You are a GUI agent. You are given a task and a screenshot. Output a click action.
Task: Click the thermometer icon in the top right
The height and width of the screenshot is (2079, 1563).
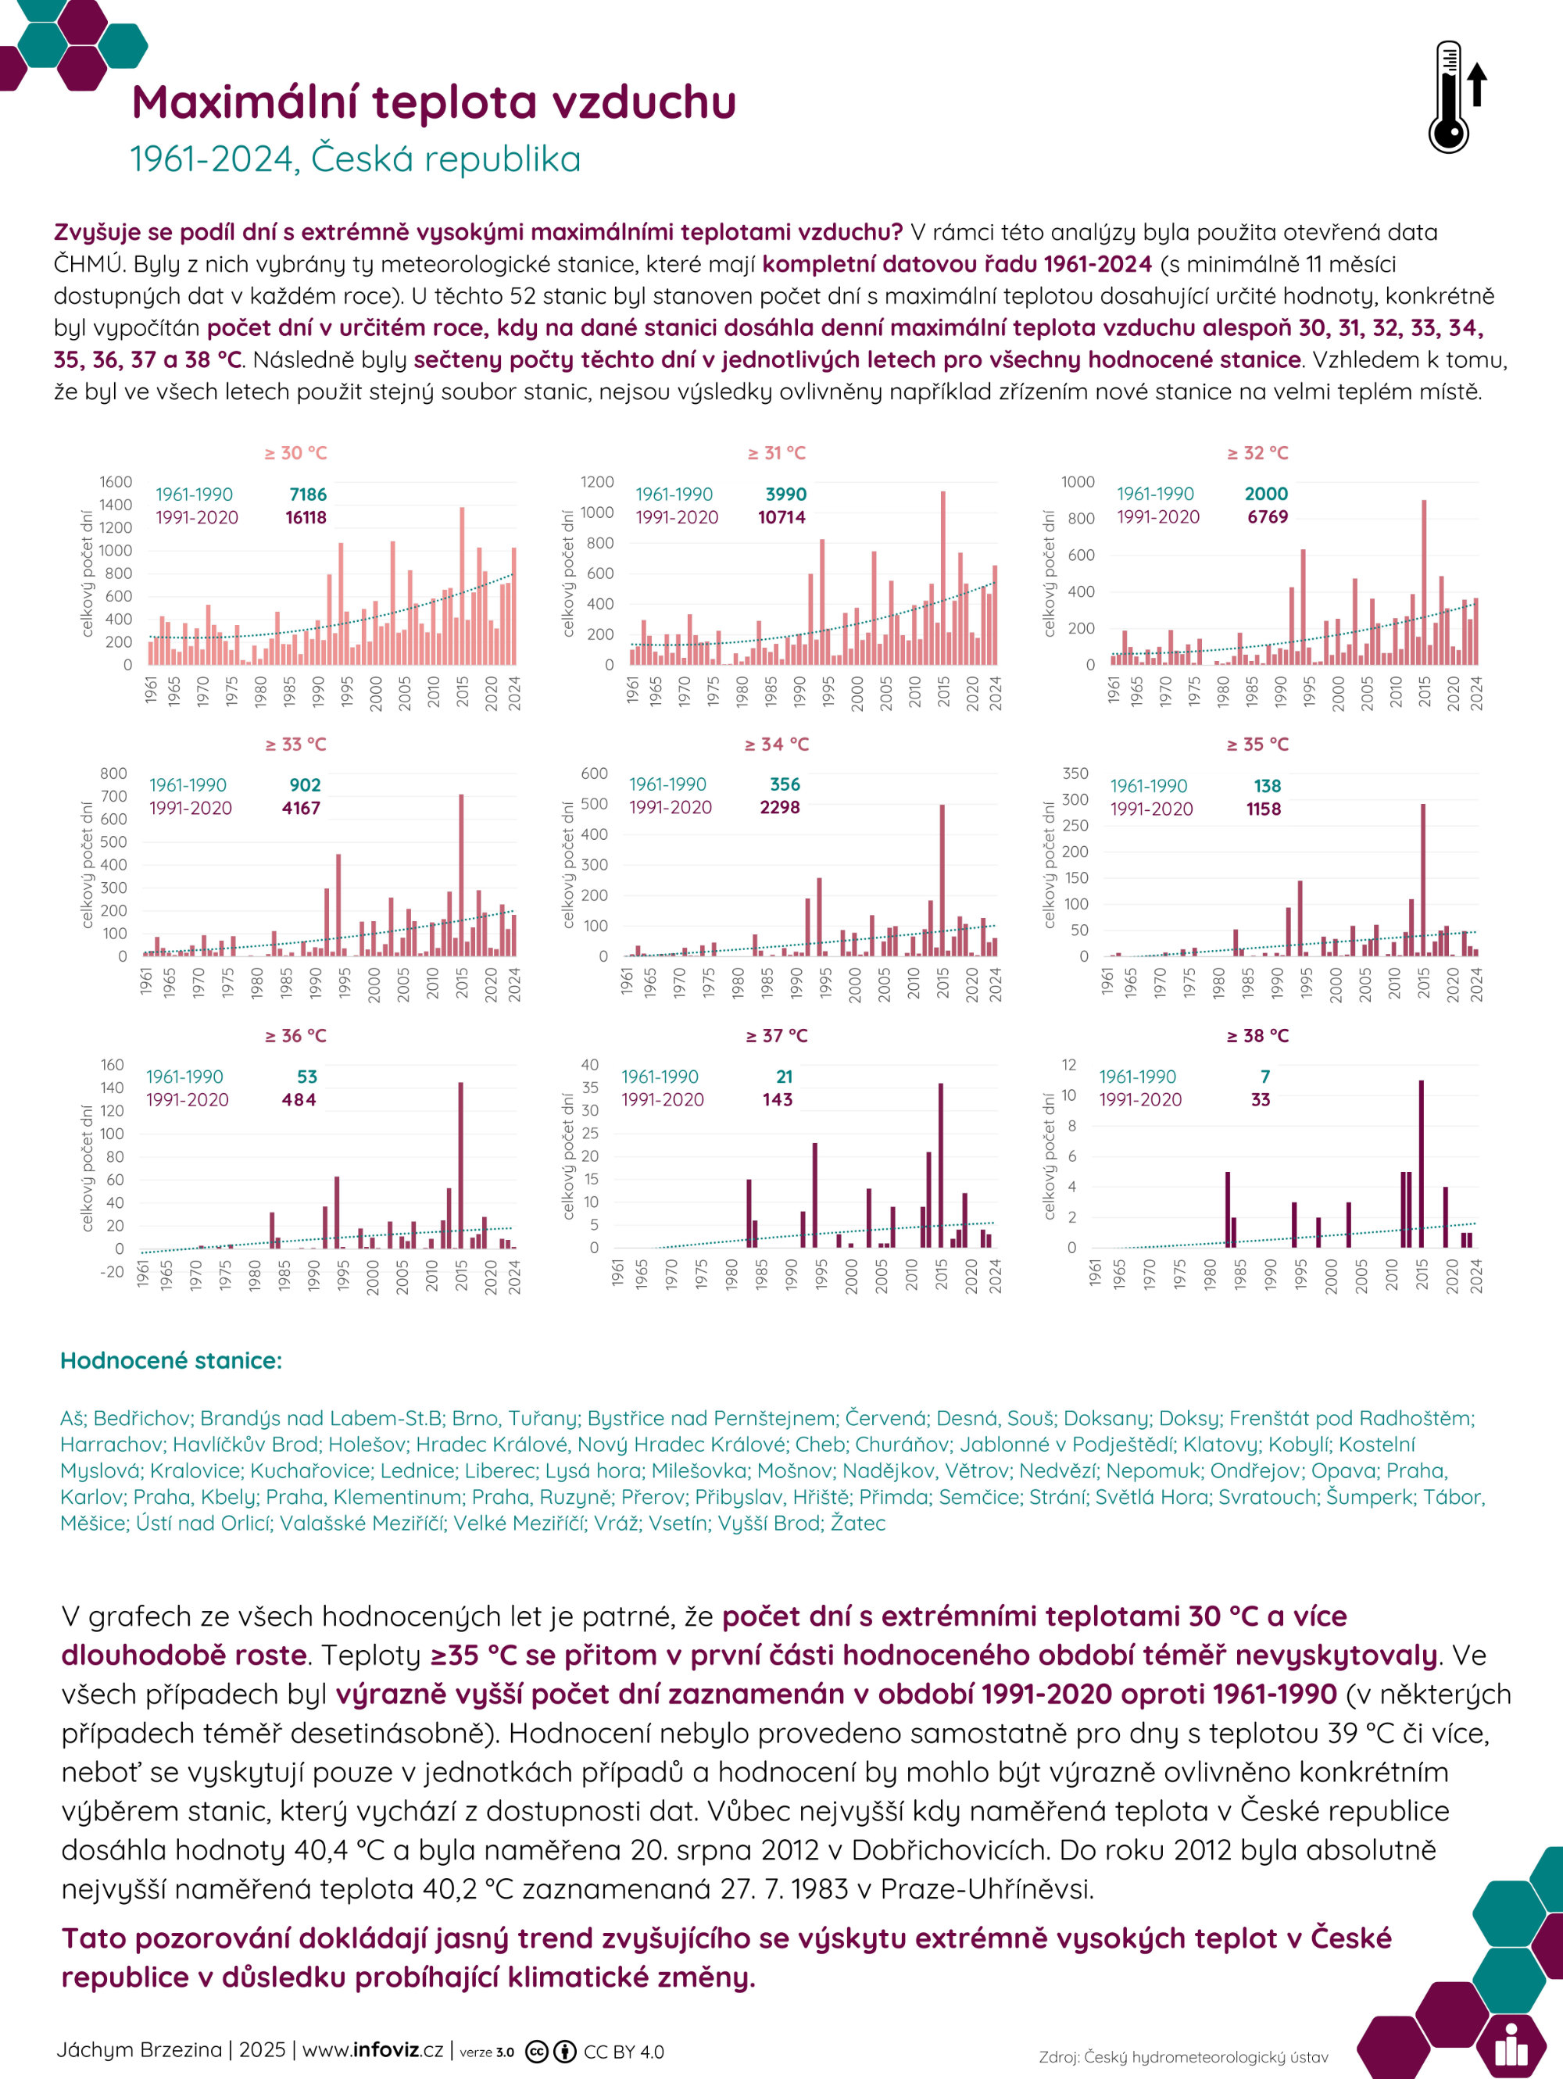click(1456, 97)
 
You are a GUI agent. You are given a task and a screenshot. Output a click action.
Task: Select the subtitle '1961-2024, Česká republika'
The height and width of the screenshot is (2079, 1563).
click(356, 159)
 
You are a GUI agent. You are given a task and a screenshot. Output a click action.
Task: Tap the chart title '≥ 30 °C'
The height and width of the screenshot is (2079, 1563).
click(295, 453)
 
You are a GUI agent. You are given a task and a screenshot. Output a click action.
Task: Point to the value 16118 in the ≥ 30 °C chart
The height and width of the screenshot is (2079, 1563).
click(306, 517)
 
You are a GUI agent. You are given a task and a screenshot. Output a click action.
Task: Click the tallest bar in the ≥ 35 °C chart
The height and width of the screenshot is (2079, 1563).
click(1423, 880)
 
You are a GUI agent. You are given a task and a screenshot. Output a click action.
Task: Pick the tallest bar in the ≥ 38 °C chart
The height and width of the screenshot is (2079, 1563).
click(1421, 1163)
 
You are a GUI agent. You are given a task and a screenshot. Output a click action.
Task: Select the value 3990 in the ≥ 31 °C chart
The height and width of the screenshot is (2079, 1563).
click(785, 495)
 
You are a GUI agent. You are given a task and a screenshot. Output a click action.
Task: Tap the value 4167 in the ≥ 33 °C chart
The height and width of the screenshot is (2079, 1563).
click(301, 809)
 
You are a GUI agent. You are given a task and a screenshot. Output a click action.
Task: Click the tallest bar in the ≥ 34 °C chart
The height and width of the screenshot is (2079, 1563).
click(942, 880)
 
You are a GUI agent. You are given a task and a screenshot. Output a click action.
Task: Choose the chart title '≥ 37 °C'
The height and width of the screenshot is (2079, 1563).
click(776, 1036)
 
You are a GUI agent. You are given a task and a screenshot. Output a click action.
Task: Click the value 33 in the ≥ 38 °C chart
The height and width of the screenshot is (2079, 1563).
click(1261, 1099)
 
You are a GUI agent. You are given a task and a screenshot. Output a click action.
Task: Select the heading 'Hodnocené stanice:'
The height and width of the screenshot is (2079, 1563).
click(171, 1361)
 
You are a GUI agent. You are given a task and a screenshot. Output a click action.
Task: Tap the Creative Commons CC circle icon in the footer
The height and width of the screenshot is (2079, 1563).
click(537, 2052)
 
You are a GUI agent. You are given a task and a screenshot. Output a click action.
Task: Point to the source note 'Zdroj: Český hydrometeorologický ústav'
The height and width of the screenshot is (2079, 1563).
click(1183, 2057)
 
